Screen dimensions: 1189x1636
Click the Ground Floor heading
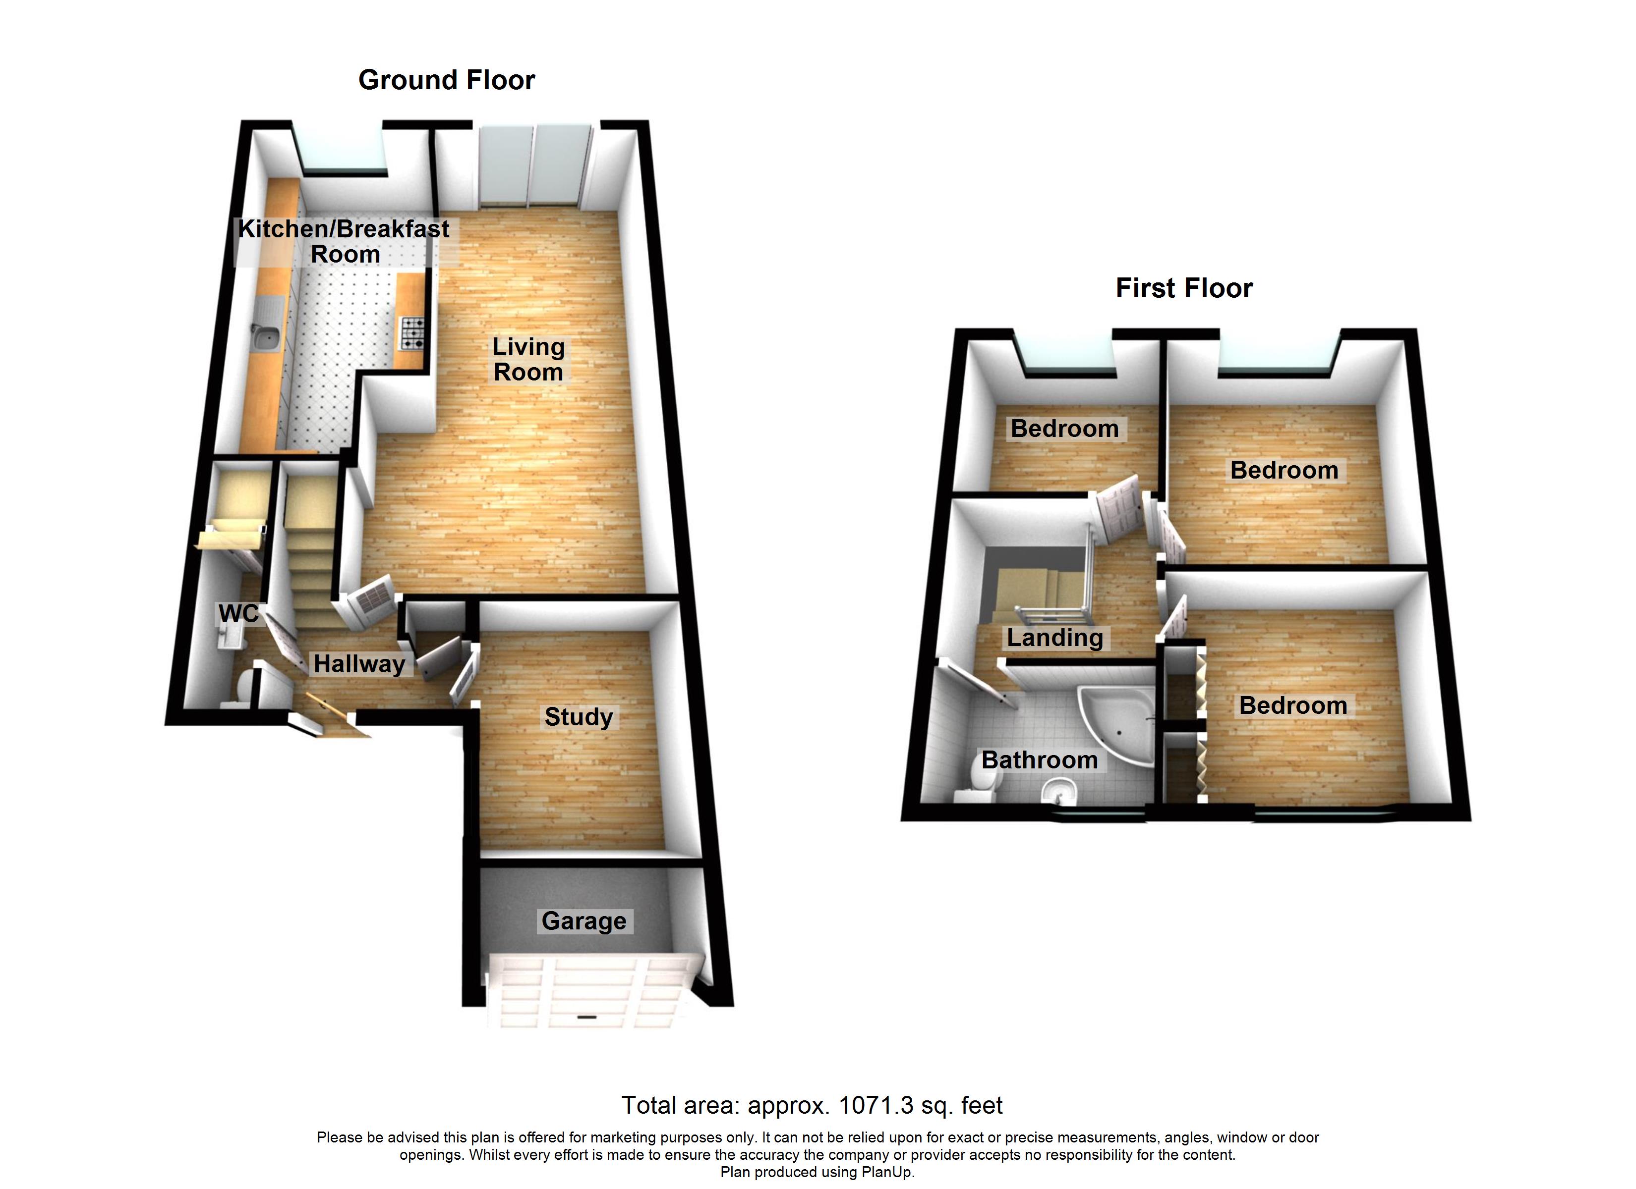click(447, 80)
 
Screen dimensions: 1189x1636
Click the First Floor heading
click(1184, 288)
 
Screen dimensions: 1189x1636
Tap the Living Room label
click(528, 359)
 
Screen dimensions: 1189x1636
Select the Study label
click(579, 717)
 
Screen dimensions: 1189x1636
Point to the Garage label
click(584, 921)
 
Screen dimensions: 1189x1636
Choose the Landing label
click(1054, 638)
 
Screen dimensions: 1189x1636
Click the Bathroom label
click(1040, 760)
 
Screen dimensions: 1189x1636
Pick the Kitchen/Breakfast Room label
click(344, 242)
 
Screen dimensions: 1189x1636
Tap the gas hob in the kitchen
click(412, 333)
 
